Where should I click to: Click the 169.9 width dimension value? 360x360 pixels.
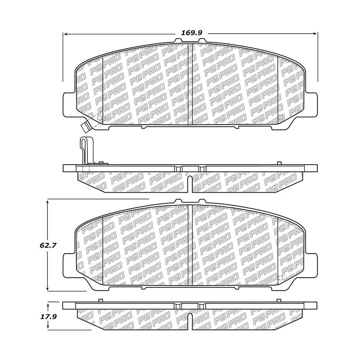191,33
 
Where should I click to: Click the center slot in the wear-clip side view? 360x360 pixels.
190,184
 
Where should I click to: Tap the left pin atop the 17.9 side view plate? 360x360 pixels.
101,300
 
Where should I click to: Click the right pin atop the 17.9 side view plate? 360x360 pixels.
279,300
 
